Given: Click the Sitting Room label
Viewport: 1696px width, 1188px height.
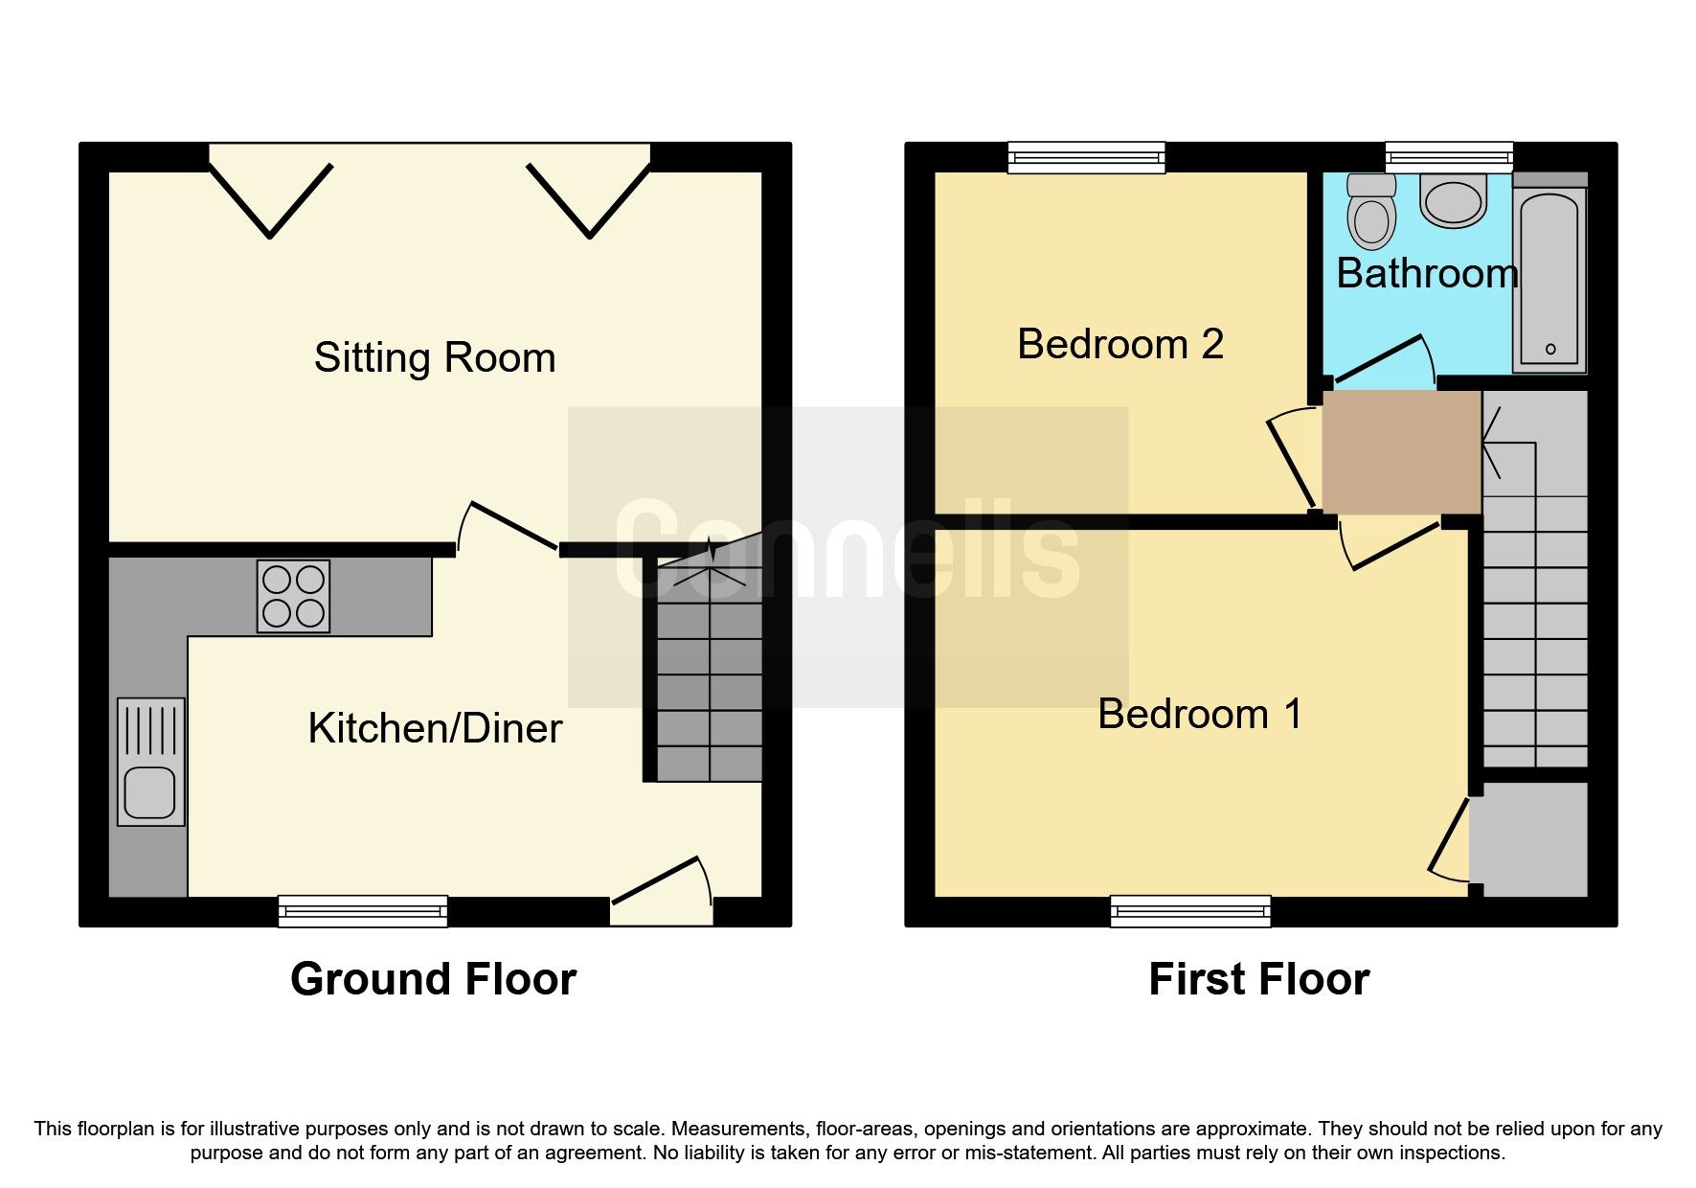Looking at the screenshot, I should [435, 358].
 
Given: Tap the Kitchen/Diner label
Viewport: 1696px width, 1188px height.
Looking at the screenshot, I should [435, 729].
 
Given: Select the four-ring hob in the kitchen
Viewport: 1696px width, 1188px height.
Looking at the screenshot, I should [293, 596].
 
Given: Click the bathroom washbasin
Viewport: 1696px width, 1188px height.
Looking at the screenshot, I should [1453, 201].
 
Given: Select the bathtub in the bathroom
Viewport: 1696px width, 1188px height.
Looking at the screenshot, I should [1549, 278].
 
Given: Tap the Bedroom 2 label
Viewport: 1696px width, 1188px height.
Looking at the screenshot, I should [1120, 345].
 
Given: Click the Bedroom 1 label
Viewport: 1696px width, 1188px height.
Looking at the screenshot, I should [1200, 715].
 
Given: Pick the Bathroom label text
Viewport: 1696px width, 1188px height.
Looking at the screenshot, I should [1427, 275].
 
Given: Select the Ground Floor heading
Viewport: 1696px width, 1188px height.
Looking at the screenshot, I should [433, 979].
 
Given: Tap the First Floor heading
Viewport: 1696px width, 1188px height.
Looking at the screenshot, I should [1258, 979].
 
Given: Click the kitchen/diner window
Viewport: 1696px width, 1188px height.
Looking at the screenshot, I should [363, 911].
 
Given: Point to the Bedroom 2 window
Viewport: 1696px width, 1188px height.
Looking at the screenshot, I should [1086, 158].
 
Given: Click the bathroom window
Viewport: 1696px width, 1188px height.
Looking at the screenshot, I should [1449, 158].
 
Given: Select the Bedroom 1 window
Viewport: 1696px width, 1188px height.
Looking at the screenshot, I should [1190, 911].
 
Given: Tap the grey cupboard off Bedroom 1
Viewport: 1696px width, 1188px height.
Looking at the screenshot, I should [1529, 839].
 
